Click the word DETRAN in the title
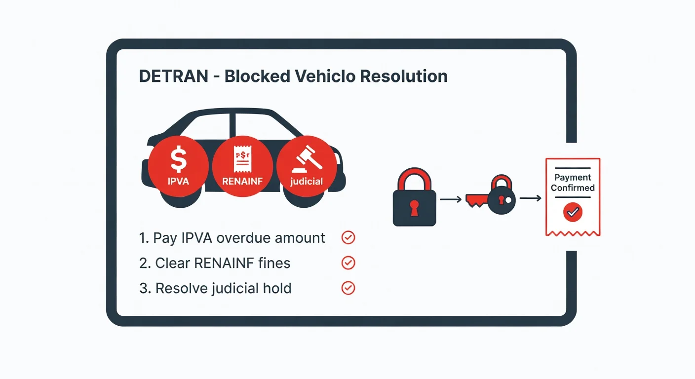pos(173,76)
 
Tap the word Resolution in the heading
pos(404,76)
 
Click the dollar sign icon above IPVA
pos(179,160)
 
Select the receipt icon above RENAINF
pos(242,158)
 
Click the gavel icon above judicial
pos(307,159)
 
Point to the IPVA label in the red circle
pos(178,181)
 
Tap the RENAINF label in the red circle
pos(242,181)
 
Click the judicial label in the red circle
pos(307,182)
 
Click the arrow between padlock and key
pos(451,199)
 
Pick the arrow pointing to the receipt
pos(530,198)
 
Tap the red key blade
pos(476,200)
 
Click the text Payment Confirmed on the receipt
pos(573,183)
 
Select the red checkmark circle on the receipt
pos(573,212)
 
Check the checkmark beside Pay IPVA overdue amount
pos(348,238)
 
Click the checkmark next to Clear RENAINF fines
pos(348,263)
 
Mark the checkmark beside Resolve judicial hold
pos(348,288)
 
